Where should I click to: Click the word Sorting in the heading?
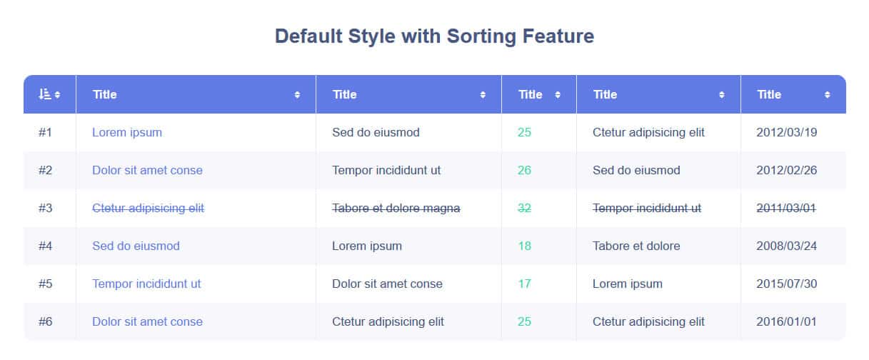[x=481, y=37]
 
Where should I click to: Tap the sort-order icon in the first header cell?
[x=44, y=94]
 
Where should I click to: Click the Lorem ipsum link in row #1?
[x=127, y=132]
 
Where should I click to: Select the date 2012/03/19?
[x=786, y=132]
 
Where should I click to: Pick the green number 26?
[x=524, y=170]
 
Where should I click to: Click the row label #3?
[x=45, y=208]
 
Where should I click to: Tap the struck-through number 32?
[x=524, y=208]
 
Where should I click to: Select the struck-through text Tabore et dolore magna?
[x=396, y=208]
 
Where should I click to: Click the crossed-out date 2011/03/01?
[x=786, y=208]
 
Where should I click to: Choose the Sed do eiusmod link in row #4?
[x=136, y=246]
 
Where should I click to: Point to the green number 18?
[x=525, y=246]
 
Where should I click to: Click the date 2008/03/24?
[x=786, y=246]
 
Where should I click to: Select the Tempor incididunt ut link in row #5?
[x=146, y=284]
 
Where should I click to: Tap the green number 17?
[x=525, y=284]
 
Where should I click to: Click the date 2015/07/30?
[x=786, y=284]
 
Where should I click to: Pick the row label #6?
[x=45, y=321]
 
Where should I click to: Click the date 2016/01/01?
[x=786, y=321]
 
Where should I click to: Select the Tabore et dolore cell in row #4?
[x=636, y=246]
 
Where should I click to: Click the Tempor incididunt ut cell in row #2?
[x=386, y=170]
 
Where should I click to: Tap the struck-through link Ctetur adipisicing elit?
[x=148, y=208]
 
